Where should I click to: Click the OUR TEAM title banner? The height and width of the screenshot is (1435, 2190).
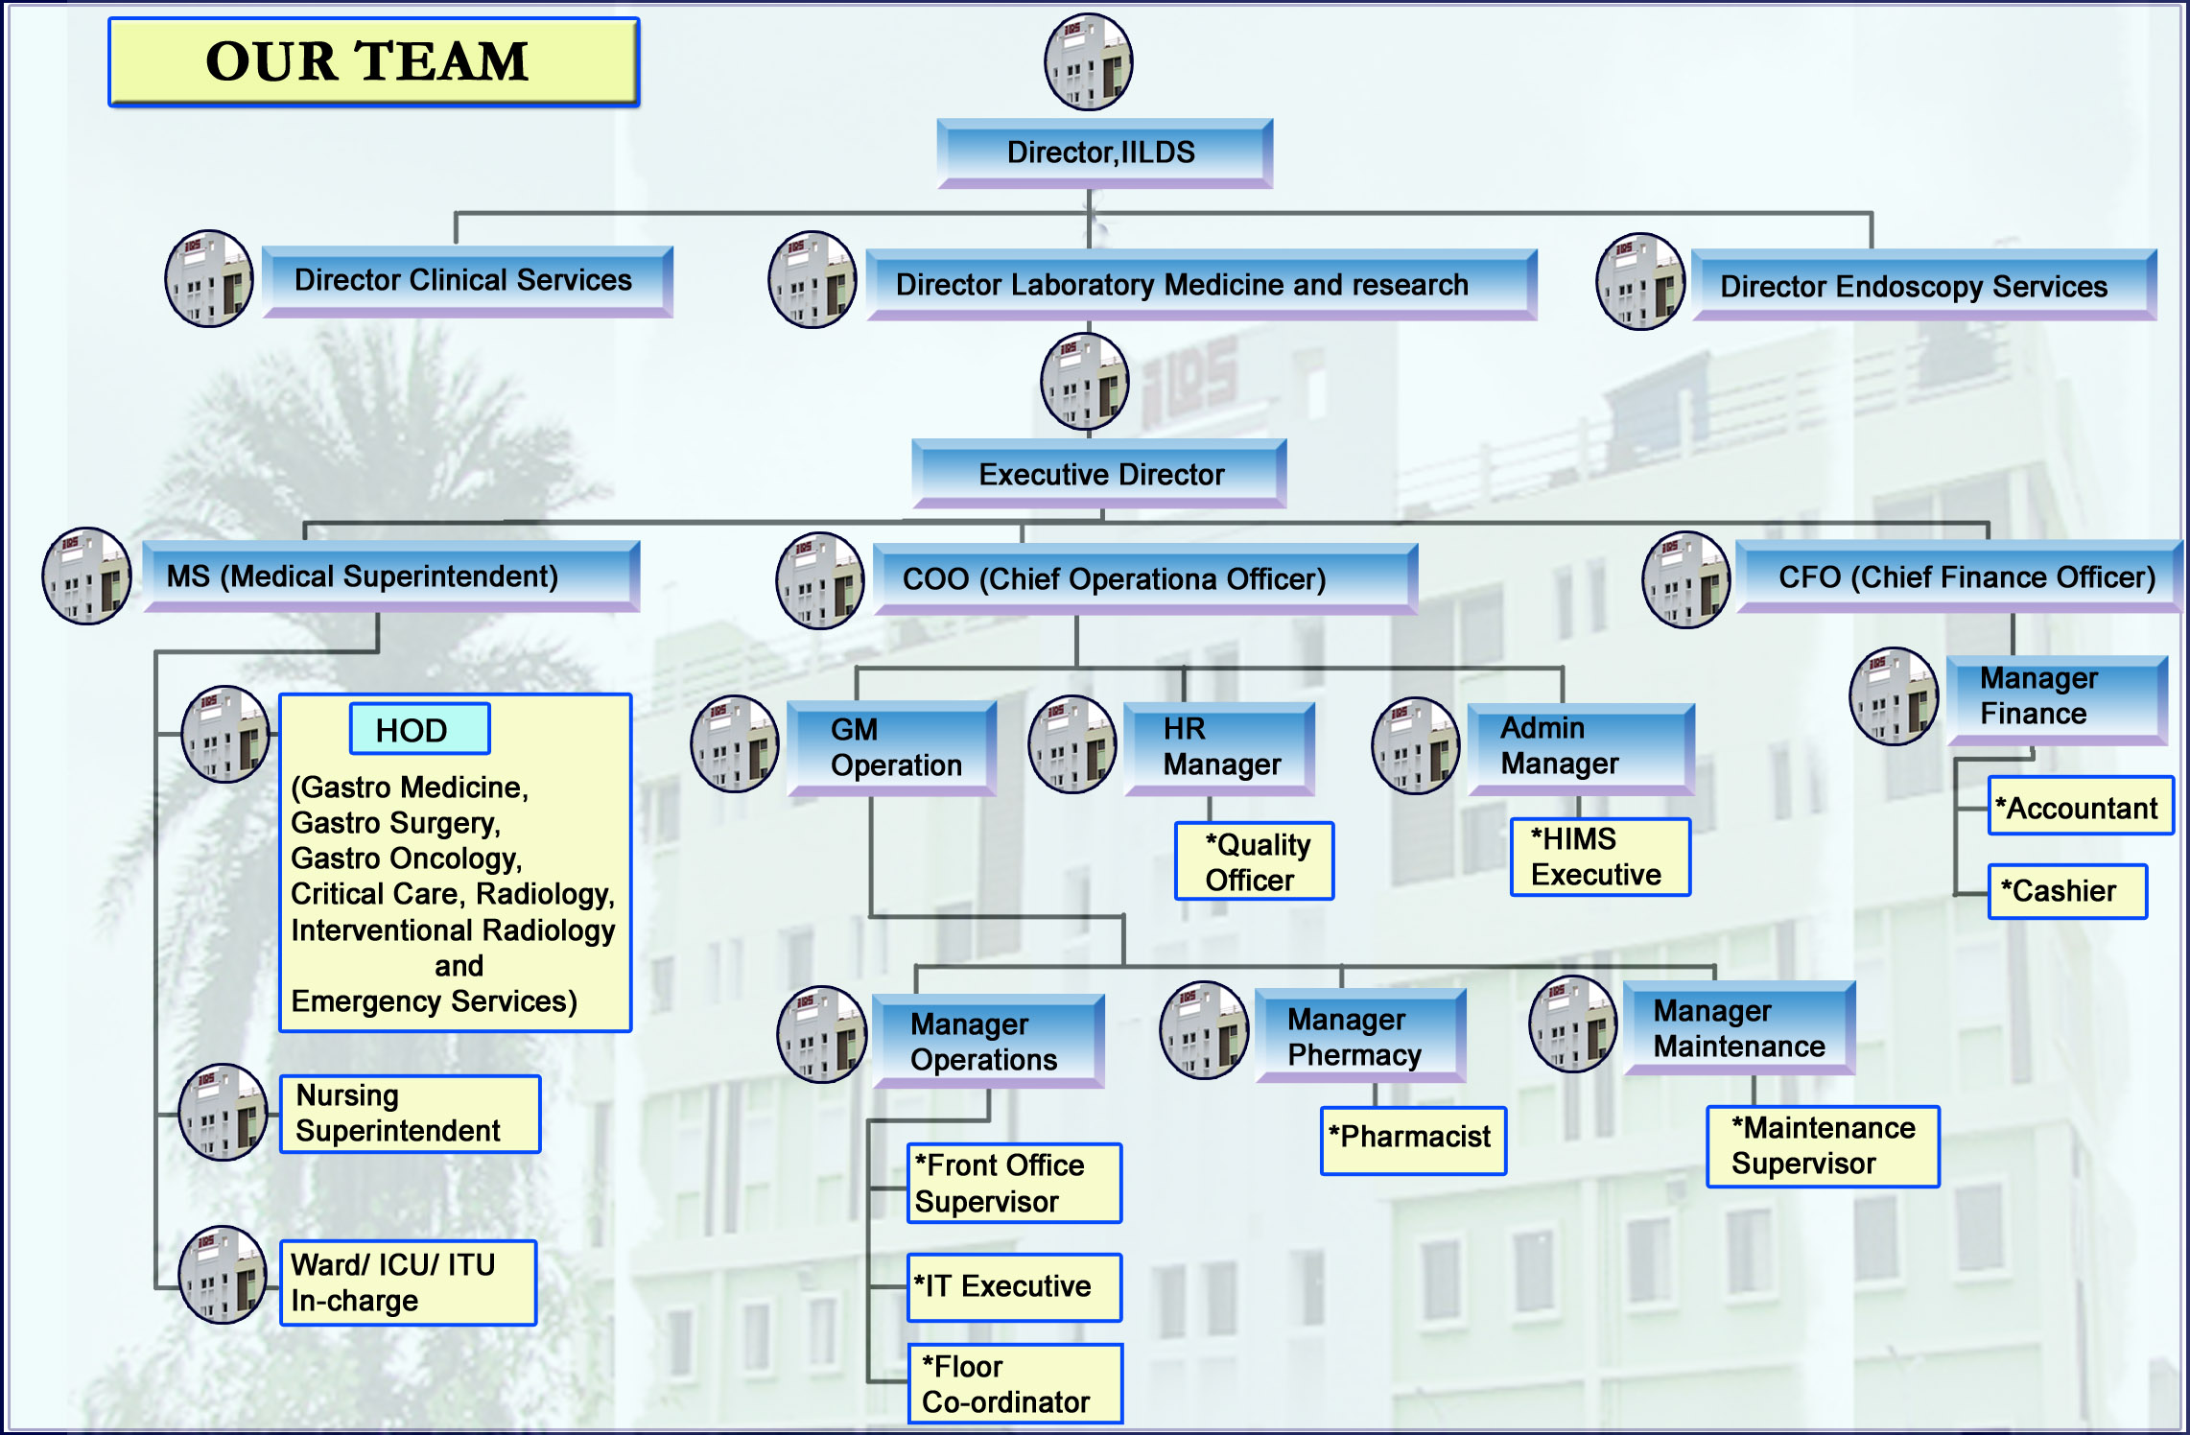pos(373,61)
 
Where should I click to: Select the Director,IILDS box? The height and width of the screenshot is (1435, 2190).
pos(1104,153)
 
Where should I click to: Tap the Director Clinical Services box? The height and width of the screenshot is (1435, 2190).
pos(467,281)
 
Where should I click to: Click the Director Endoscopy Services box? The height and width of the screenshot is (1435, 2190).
pos(1923,285)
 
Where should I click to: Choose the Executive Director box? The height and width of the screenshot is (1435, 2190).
pos(1098,474)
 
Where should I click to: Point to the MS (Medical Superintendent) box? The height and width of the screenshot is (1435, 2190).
pos(390,576)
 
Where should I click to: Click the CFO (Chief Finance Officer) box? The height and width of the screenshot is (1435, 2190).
pos(1958,576)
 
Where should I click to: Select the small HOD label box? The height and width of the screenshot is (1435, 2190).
pos(419,729)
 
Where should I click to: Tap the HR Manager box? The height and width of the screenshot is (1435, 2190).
pos(1218,748)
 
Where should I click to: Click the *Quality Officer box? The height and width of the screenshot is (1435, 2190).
pos(1254,860)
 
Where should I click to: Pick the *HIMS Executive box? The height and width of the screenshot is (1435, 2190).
pos(1600,857)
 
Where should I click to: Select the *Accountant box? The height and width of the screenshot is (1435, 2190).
pos(2081,806)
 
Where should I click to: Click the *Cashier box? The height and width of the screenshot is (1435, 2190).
pos(2067,891)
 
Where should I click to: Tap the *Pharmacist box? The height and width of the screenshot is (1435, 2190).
pos(1413,1141)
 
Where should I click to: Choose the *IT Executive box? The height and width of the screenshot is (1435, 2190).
pos(1015,1287)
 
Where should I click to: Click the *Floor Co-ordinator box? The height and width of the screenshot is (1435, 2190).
pos(1015,1383)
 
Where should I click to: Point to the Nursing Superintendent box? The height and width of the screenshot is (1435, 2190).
pos(410,1114)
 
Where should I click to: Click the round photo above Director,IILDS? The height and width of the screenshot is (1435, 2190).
pos(1088,61)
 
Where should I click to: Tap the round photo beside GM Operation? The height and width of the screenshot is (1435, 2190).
pos(735,743)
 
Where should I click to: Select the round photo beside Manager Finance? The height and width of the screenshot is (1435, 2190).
pos(1894,696)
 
